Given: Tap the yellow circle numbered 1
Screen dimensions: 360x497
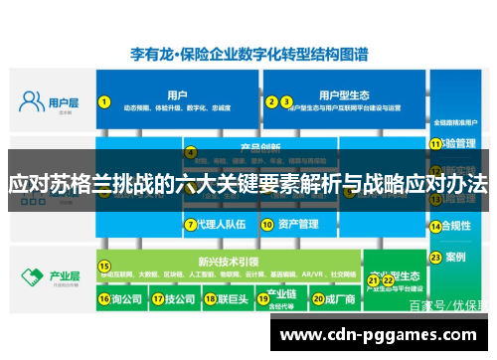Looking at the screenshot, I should pos(102,100).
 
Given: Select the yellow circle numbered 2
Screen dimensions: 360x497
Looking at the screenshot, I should pos(270,100).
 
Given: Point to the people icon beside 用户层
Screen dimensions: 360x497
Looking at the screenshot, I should pos(33,101).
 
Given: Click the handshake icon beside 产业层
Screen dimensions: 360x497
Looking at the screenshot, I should pos(33,275).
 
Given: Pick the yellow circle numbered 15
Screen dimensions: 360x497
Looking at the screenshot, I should pos(102,266).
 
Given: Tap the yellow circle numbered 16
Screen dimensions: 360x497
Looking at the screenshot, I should pos(102,297).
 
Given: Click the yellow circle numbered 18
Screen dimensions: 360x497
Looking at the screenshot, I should pos(208,297).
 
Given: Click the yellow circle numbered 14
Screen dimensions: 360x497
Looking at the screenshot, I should pos(434,225).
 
